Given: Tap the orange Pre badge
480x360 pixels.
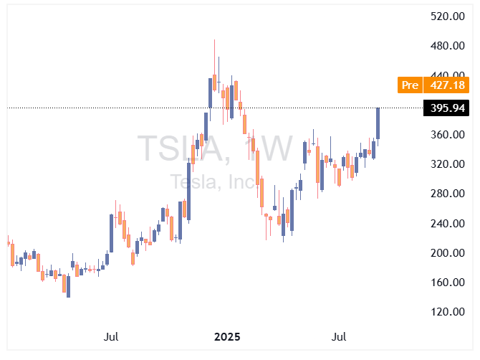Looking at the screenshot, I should (x=410, y=85).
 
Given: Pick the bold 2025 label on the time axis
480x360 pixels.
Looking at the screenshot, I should (x=227, y=336).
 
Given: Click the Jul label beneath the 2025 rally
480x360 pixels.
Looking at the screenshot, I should (x=340, y=336).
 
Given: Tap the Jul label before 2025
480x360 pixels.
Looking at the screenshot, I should (x=111, y=336).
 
